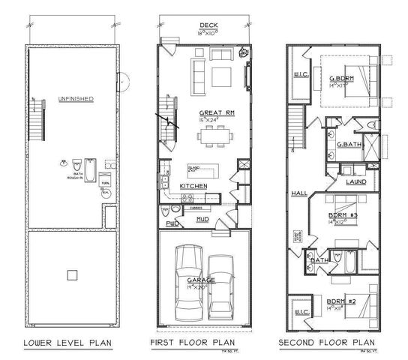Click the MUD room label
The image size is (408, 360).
click(202, 219)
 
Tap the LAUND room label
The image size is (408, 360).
click(355, 182)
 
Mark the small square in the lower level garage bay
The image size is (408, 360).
click(72, 274)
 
